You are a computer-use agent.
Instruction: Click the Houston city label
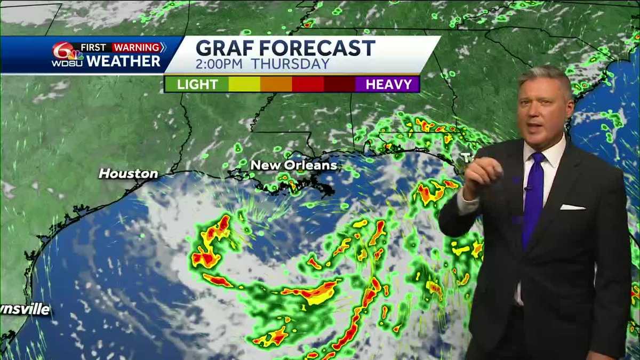point(128,173)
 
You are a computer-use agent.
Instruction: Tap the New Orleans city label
point(293,165)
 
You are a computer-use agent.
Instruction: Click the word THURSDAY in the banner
point(290,64)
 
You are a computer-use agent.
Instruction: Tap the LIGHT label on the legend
point(197,84)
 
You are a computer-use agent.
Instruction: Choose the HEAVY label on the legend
point(388,84)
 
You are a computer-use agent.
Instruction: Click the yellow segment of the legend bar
point(244,84)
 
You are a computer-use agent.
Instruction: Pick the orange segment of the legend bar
point(276,84)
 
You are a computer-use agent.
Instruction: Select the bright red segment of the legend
point(308,84)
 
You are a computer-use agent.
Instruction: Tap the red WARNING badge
point(138,47)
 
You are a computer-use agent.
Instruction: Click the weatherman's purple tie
point(533,197)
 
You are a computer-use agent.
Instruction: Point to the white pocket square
point(572,207)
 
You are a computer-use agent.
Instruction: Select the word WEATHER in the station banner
point(123,61)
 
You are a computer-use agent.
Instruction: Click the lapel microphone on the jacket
point(527,187)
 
